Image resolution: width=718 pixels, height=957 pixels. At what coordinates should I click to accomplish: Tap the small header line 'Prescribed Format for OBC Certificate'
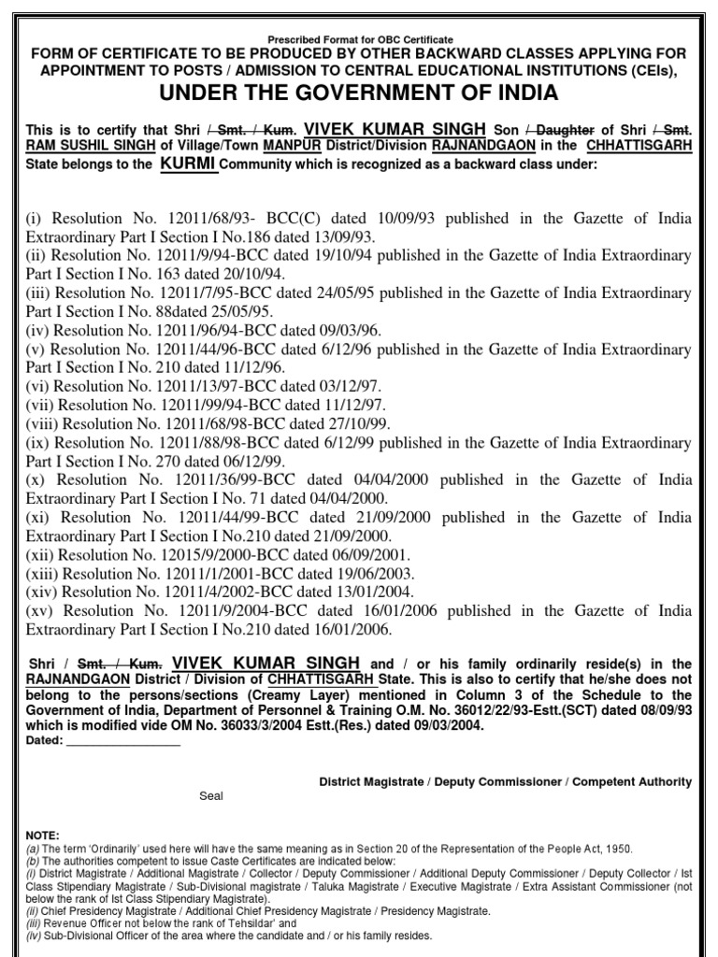point(359,39)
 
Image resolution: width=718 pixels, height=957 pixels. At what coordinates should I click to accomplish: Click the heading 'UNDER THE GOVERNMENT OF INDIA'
point(359,93)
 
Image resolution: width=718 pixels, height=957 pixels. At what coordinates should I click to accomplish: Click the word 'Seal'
point(211,797)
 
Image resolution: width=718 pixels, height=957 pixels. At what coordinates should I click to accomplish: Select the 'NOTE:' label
point(43,835)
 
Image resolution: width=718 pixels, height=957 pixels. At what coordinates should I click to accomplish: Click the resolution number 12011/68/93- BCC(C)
point(205,219)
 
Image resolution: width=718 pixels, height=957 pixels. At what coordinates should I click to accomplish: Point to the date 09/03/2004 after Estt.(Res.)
point(448,725)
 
